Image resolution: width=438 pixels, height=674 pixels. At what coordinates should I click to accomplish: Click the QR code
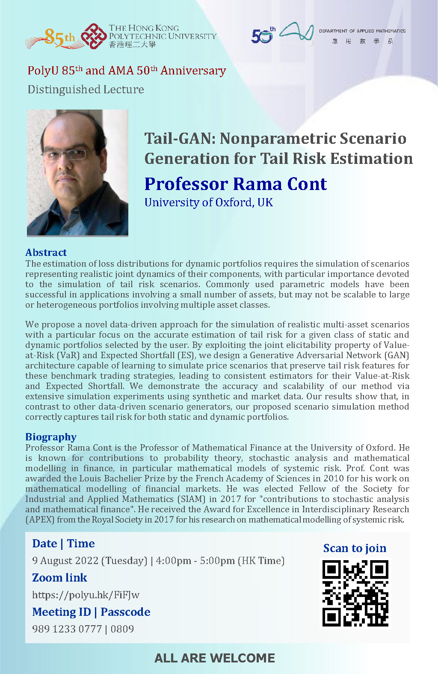[x=355, y=593]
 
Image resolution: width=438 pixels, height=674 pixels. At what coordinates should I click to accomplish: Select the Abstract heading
[x=46, y=252]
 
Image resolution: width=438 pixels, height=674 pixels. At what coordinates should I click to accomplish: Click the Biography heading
[x=50, y=437]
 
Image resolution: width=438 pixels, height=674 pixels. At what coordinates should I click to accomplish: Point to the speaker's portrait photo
[x=77, y=172]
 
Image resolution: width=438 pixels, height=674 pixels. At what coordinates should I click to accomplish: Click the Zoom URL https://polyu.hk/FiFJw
[x=86, y=595]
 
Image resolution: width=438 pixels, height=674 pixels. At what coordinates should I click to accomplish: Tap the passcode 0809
[x=122, y=629]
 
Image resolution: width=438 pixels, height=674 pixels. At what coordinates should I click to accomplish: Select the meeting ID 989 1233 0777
[x=67, y=629]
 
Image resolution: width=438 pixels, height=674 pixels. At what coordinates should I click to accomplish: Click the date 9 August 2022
[x=65, y=561]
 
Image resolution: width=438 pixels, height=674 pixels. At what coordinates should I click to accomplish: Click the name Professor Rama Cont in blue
[x=235, y=184]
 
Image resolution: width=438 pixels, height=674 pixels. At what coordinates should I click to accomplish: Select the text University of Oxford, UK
[x=208, y=202]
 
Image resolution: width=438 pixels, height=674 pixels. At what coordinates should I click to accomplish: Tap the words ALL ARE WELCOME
[x=215, y=658]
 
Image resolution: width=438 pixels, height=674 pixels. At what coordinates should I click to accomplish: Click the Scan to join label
[x=355, y=548]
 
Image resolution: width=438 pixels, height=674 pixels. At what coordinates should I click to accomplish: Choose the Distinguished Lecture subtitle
[x=86, y=89]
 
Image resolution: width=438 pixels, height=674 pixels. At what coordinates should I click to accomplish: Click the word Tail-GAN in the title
[x=180, y=139]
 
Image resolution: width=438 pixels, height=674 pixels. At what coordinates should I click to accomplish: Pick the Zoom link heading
[x=59, y=578]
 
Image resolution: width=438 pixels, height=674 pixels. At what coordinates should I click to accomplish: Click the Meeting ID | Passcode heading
[x=91, y=612]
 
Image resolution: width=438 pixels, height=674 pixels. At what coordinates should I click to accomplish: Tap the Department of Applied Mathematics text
[x=362, y=31]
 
